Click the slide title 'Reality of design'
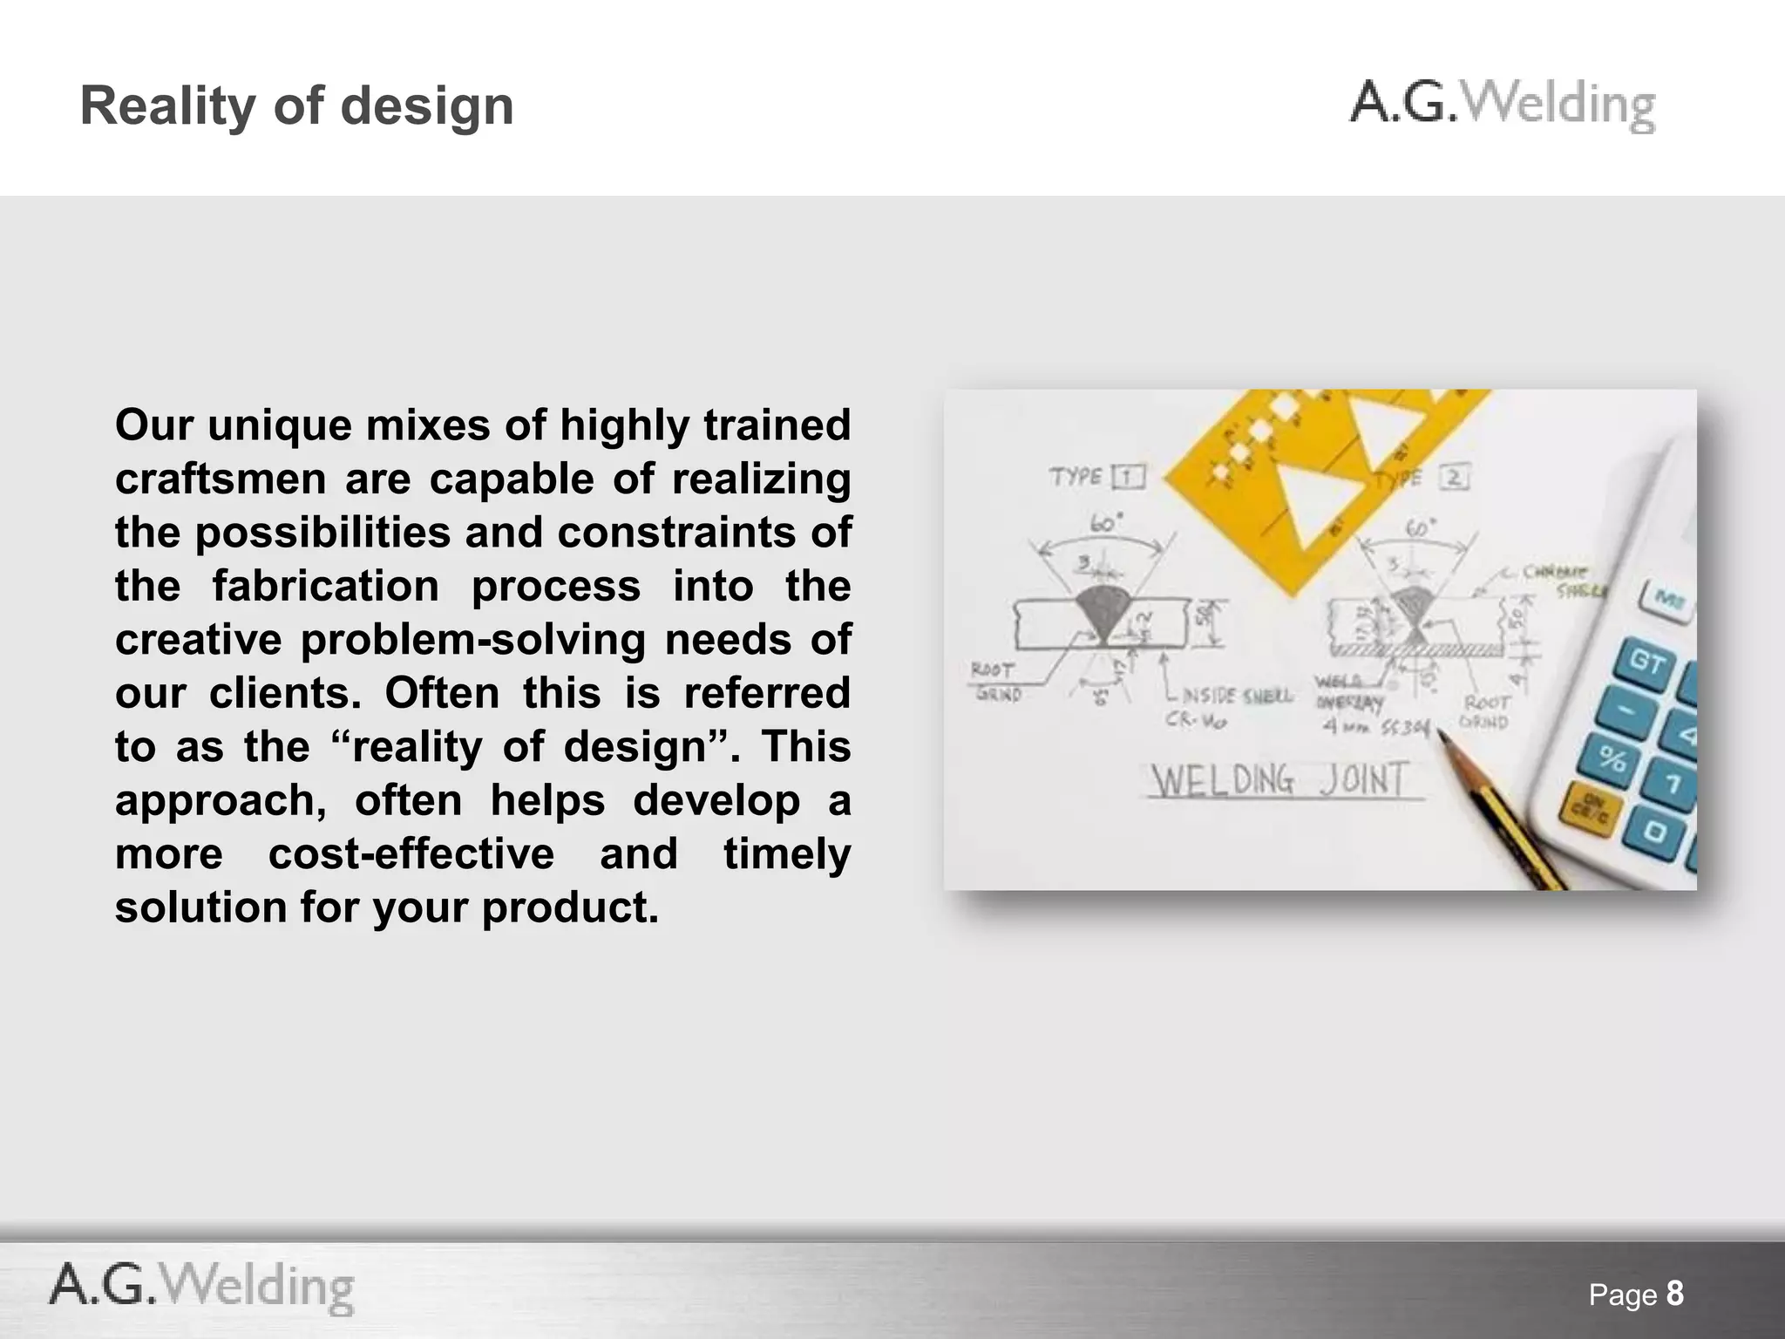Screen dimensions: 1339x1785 coord(296,106)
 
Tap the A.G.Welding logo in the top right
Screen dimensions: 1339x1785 coord(1502,106)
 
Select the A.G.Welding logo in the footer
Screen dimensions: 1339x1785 coord(202,1287)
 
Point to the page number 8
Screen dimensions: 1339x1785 coord(1674,1293)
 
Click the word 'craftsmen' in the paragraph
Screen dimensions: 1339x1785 coord(221,479)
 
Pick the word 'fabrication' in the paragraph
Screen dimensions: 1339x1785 coord(326,587)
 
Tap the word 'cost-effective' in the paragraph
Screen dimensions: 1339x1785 coord(411,854)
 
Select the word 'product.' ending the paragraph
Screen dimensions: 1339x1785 coord(570,908)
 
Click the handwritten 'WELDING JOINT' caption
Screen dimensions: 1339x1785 coord(1279,780)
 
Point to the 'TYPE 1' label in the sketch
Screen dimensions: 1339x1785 coord(1096,477)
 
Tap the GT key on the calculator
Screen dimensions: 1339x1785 coord(1646,662)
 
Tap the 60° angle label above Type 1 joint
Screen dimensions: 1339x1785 coord(1106,524)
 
